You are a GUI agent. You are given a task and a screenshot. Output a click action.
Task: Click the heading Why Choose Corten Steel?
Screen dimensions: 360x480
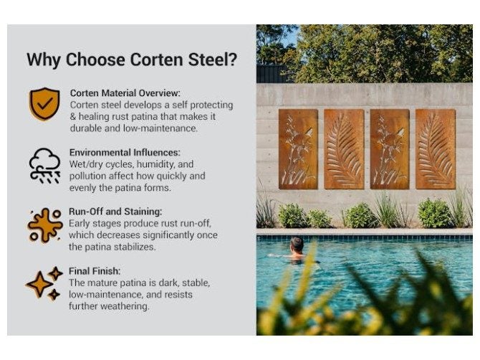(x=131, y=60)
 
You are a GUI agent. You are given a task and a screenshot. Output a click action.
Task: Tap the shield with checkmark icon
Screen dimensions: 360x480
(x=44, y=104)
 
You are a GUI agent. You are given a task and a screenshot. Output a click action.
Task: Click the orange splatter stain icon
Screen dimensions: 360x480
(x=44, y=224)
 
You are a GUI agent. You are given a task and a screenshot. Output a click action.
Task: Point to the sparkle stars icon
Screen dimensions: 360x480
(x=44, y=283)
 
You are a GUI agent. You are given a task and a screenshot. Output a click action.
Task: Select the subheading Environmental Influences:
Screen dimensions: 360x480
(x=124, y=153)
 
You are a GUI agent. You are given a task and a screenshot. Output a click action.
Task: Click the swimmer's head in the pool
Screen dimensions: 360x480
(x=297, y=245)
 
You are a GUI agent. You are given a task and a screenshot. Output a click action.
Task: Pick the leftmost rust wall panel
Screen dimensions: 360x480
(x=298, y=148)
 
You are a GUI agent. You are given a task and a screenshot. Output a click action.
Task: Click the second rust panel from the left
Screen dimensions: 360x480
(x=344, y=148)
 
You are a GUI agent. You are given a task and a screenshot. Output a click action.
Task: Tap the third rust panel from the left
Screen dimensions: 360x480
(x=390, y=148)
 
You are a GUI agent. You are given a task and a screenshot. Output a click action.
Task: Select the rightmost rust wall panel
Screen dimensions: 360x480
(x=436, y=148)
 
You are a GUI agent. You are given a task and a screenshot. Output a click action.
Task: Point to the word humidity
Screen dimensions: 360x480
(x=154, y=164)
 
